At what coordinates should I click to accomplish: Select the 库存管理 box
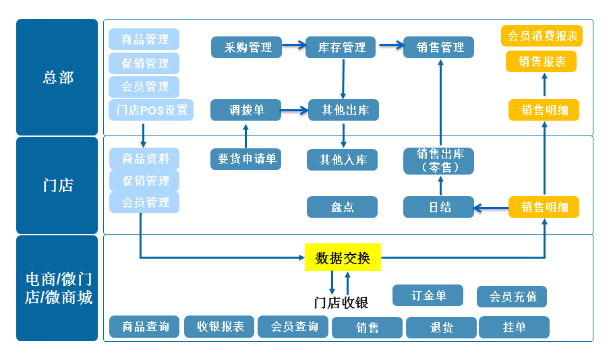click(342, 47)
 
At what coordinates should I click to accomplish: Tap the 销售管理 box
click(438, 47)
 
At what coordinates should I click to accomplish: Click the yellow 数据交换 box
click(343, 258)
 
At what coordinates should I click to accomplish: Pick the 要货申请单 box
click(246, 159)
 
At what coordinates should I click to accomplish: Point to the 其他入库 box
click(343, 160)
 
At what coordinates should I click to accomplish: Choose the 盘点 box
click(343, 207)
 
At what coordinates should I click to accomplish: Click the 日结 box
click(438, 207)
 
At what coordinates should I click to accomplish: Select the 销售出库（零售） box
click(438, 160)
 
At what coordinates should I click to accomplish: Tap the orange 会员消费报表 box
click(542, 36)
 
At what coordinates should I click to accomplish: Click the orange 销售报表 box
click(542, 61)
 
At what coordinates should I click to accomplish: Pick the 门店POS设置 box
click(151, 110)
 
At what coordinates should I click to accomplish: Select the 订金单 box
click(428, 295)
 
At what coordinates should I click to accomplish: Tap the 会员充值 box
click(512, 297)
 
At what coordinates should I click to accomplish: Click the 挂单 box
click(514, 327)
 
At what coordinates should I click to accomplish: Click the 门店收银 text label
click(341, 303)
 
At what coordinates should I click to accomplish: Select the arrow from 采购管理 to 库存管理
click(293, 46)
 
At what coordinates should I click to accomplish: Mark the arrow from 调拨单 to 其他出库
click(295, 110)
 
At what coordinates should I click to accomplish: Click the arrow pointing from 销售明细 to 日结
click(491, 208)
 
